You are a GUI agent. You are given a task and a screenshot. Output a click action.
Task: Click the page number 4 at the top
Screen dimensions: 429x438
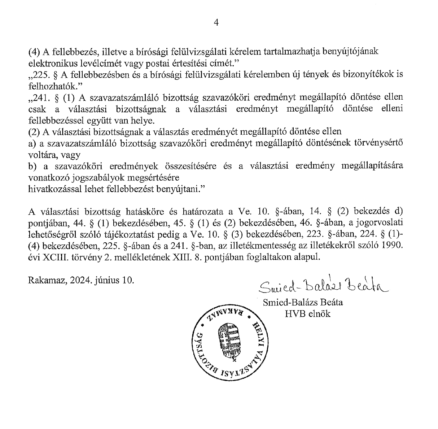pyautogui.click(x=216, y=23)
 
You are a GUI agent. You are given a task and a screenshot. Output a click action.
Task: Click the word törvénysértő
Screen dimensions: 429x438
pyautogui.click(x=381, y=143)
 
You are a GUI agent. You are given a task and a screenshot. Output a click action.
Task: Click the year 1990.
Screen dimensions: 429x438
pyautogui.click(x=391, y=246)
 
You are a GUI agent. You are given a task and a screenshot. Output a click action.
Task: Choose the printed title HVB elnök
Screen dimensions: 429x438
pyautogui.click(x=307, y=313)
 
